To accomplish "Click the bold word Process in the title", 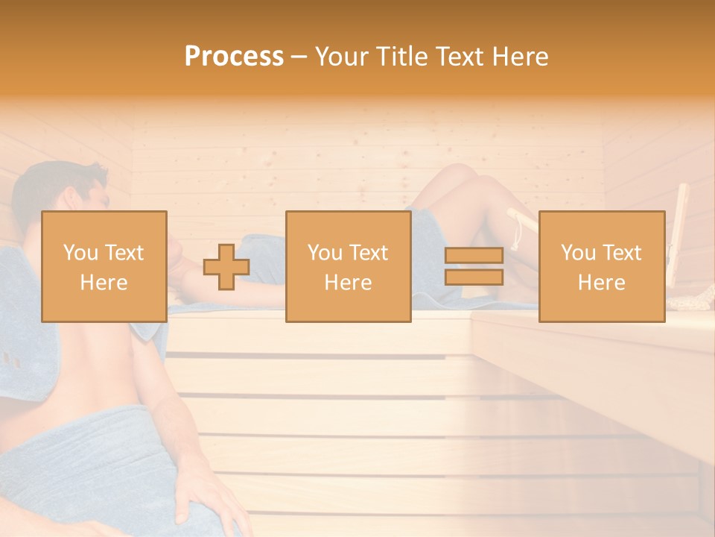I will pos(234,56).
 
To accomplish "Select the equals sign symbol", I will pos(474,266).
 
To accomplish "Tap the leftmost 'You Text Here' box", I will pos(104,266).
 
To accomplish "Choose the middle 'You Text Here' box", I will pos(348,266).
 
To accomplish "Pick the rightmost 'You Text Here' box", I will pos(602,266).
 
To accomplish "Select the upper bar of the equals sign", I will pos(474,256).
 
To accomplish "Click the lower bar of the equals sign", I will pos(474,277).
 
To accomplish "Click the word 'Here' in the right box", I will pos(601,282).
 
